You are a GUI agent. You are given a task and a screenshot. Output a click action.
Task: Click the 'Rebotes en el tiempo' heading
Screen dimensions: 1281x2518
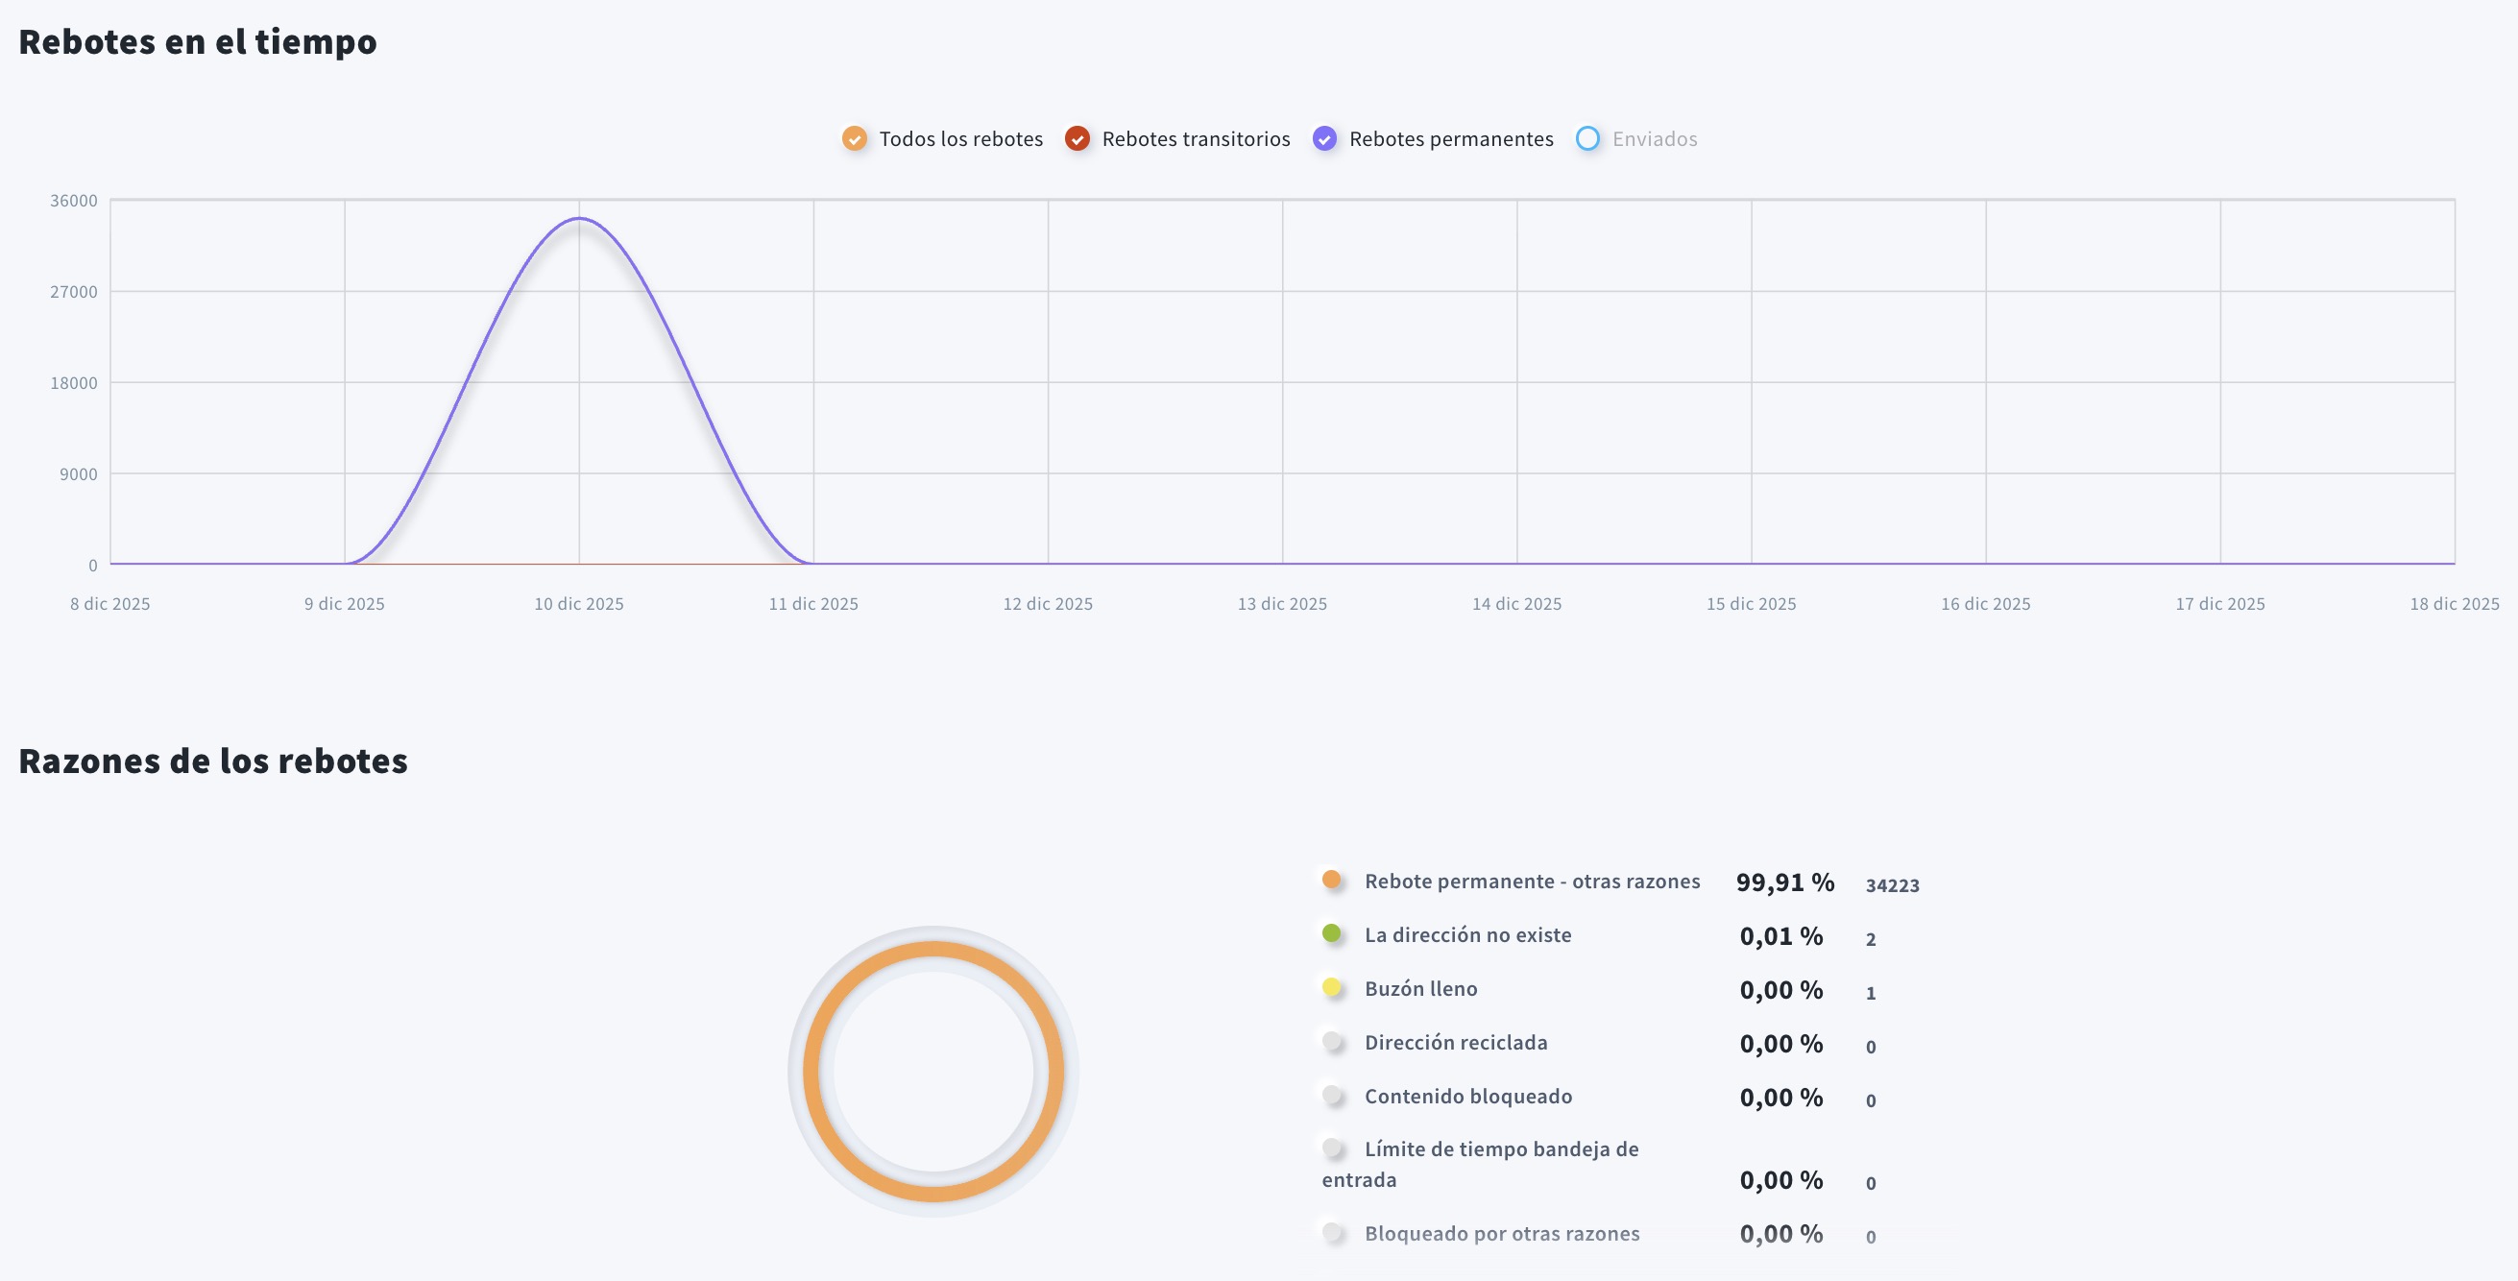(198, 42)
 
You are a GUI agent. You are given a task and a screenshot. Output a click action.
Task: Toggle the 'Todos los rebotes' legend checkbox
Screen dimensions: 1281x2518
(855, 138)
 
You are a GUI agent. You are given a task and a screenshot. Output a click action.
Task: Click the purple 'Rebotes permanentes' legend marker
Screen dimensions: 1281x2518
(1324, 138)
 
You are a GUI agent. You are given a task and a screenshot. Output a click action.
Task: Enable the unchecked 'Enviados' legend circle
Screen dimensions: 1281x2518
(1587, 138)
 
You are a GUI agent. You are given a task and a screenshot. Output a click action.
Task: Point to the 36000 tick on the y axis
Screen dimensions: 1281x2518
(74, 201)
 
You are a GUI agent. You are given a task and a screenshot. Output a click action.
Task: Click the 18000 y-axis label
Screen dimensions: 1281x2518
(74, 383)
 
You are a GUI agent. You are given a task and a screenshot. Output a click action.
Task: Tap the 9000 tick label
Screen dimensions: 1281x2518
(78, 474)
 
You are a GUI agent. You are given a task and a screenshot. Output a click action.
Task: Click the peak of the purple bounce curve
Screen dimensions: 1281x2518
(579, 219)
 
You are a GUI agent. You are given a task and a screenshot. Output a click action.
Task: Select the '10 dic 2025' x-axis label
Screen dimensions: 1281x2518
(579, 604)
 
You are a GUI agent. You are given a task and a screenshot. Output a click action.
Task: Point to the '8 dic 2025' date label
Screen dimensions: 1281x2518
(110, 604)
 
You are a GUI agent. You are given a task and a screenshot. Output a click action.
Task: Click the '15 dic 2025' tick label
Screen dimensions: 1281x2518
(1751, 604)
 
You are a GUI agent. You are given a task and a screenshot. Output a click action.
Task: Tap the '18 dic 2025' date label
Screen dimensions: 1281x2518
(2454, 604)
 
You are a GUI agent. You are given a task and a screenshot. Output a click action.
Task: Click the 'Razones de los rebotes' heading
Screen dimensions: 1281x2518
(213, 761)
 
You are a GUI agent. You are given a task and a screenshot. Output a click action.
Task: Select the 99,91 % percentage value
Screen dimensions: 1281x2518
(1785, 882)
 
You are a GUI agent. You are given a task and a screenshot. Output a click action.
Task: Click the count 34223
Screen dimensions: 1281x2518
(1893, 885)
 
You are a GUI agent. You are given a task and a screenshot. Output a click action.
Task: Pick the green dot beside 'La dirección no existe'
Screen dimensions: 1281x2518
(1331, 933)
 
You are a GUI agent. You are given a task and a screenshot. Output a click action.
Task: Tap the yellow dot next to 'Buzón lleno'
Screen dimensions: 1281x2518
(1331, 987)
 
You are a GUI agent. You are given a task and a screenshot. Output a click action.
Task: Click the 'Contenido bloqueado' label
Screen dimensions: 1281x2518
(1468, 1097)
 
